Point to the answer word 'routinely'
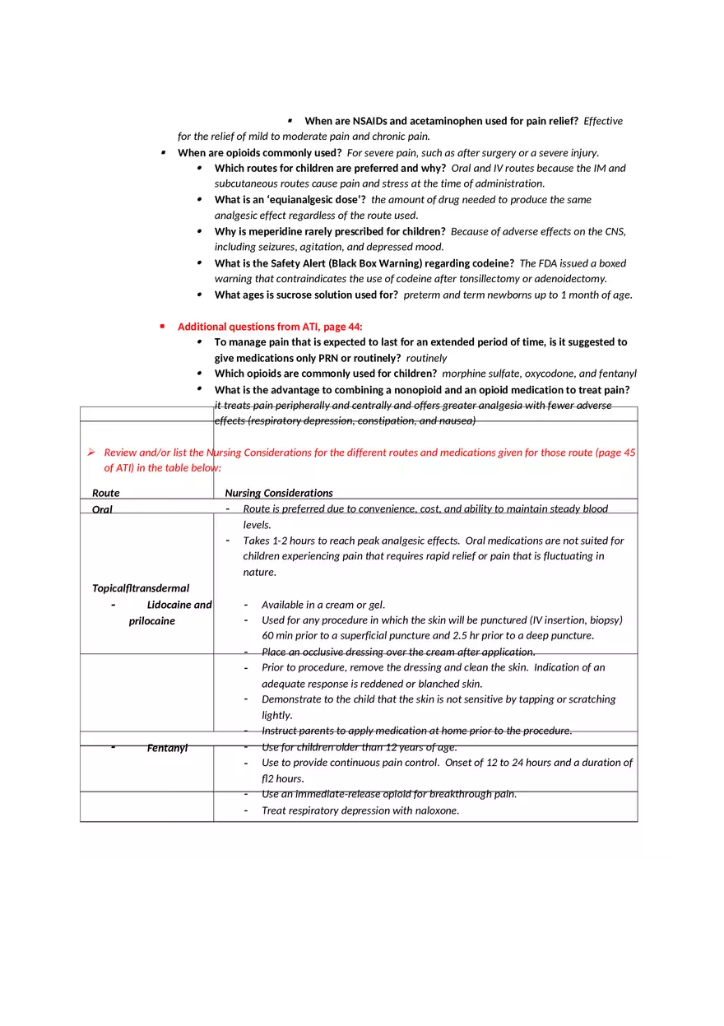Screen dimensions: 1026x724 [x=426, y=358]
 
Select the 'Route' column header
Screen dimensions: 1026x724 [x=105, y=493]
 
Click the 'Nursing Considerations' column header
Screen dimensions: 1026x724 [x=279, y=493]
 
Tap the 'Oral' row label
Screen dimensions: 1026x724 [x=102, y=509]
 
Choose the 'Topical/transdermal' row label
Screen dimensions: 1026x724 [x=141, y=588]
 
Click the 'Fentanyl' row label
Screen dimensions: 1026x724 [x=167, y=748]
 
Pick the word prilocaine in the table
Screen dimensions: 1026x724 [x=151, y=621]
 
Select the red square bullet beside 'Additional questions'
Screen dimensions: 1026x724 [x=162, y=327]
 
